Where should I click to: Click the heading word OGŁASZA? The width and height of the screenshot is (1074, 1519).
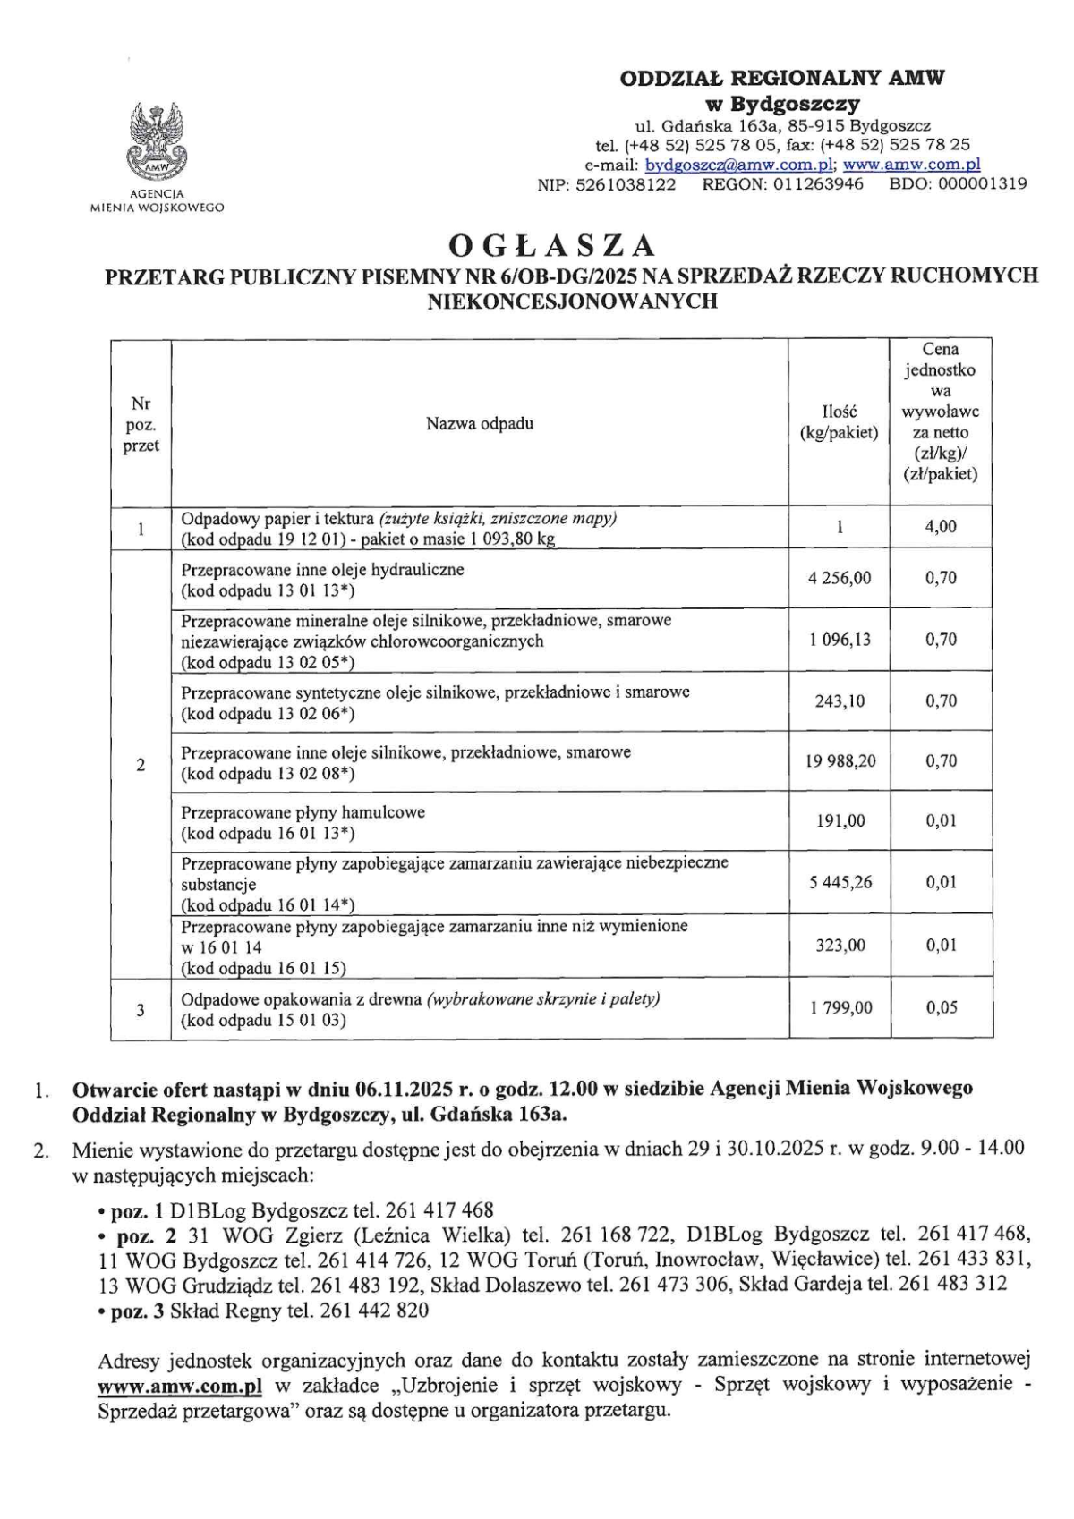pyautogui.click(x=552, y=245)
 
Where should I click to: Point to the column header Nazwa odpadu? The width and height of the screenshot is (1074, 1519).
pyautogui.click(x=480, y=423)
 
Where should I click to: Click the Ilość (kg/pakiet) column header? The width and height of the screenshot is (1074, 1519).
pyautogui.click(x=839, y=422)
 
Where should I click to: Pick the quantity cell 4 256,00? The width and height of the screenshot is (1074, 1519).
pyautogui.click(x=839, y=578)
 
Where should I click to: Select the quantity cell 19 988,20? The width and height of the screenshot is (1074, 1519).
pyautogui.click(x=840, y=761)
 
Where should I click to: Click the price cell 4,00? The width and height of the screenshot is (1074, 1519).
pyautogui.click(x=941, y=527)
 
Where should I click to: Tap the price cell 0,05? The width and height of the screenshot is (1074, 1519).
pyautogui.click(x=942, y=1007)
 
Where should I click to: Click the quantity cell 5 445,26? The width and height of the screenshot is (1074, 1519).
pyautogui.click(x=840, y=883)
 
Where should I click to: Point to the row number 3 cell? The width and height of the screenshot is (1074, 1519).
pyautogui.click(x=141, y=1010)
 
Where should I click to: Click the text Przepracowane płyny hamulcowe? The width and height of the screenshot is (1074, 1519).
pyautogui.click(x=303, y=812)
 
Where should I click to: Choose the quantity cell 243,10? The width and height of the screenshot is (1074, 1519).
pyautogui.click(x=840, y=700)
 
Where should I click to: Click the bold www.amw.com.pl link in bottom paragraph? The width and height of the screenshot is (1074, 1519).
pyautogui.click(x=179, y=1386)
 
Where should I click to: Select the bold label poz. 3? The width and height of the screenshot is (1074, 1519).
pyautogui.click(x=136, y=1311)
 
